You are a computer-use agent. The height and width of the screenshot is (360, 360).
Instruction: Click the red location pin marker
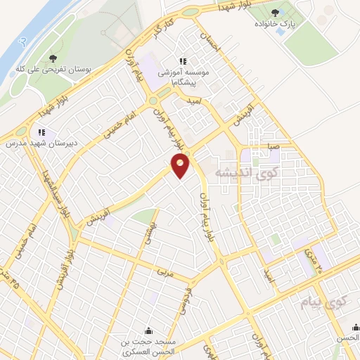tap(181, 166)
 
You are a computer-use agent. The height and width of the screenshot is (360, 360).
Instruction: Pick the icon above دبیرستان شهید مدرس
tap(41, 131)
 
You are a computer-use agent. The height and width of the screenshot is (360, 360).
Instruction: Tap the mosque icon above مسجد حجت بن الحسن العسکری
tap(148, 331)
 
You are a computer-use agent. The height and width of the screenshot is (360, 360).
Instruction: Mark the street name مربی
tap(164, 270)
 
